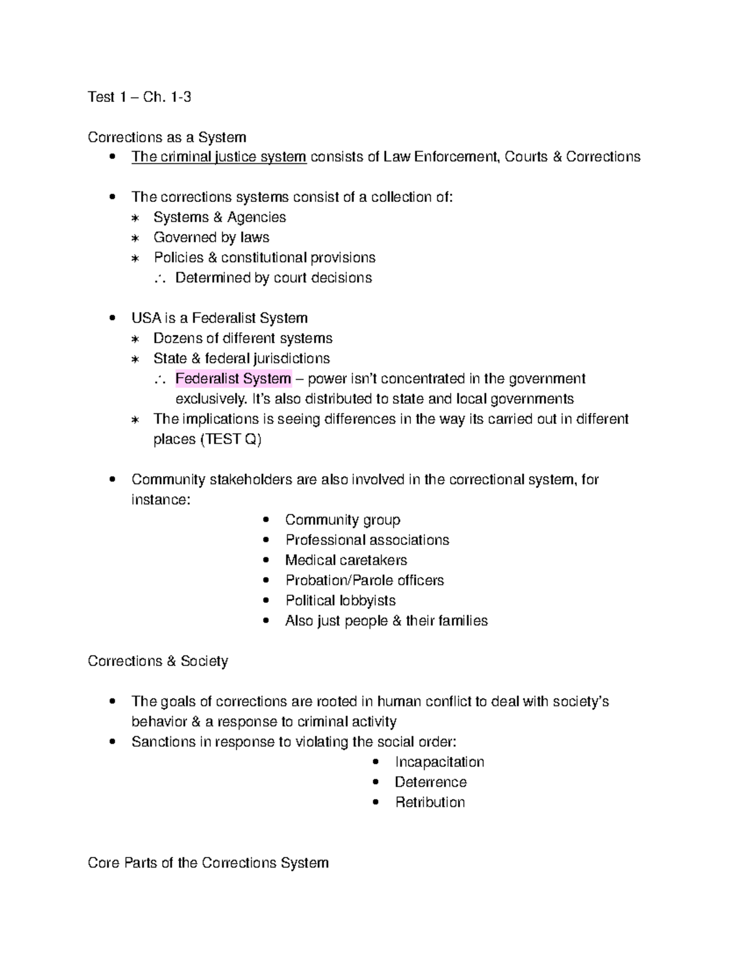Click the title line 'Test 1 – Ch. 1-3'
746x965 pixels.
click(139, 97)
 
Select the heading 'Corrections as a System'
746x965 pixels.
click(167, 137)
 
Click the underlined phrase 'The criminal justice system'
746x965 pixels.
click(219, 157)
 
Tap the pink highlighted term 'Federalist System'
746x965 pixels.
click(233, 379)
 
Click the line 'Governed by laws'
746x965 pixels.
click(211, 238)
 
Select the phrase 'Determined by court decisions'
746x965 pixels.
click(274, 278)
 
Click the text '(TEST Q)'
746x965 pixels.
click(230, 440)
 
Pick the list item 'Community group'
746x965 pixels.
click(343, 520)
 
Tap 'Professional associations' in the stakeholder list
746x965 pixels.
click(367, 541)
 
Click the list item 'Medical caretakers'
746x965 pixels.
click(346, 560)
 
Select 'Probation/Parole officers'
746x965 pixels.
click(364, 581)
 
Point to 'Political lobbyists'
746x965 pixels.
click(340, 601)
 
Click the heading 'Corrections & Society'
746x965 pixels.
click(158, 661)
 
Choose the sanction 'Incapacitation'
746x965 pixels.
click(439, 762)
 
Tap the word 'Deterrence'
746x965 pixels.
click(430, 782)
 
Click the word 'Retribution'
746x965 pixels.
click(430, 803)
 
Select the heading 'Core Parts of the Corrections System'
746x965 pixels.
click(208, 863)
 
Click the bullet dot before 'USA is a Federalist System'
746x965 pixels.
click(112, 318)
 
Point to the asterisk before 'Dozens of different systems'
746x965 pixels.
click(135, 339)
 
